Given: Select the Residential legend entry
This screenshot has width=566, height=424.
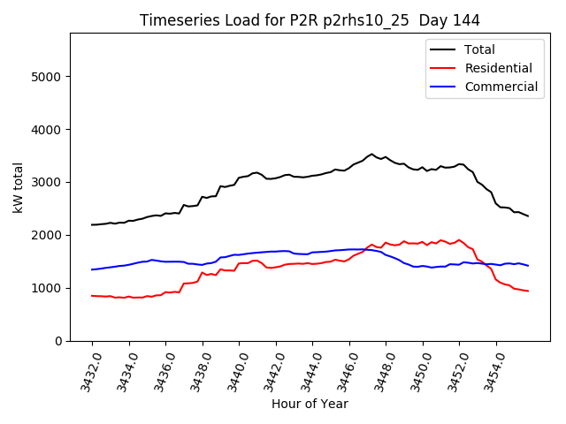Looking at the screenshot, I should pos(498,68).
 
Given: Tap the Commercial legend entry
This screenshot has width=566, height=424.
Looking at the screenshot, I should pos(501,87).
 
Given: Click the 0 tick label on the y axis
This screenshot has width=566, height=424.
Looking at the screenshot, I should pos(58,341).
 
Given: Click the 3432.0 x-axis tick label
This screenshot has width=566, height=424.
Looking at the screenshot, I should pos(87,372).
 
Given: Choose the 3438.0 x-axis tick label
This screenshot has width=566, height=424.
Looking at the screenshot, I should pos(197,372).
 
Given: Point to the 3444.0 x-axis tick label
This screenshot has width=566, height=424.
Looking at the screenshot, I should pos(307,372).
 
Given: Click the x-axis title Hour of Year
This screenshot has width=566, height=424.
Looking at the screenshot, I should pos(310,405).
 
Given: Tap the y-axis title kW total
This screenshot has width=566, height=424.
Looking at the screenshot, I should pos(19,187).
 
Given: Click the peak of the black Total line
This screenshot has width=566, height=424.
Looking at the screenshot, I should pos(372,155).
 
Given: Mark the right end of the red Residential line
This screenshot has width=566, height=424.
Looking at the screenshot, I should pos(528,291).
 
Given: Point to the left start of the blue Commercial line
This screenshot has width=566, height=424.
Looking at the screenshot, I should pos(92,269).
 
